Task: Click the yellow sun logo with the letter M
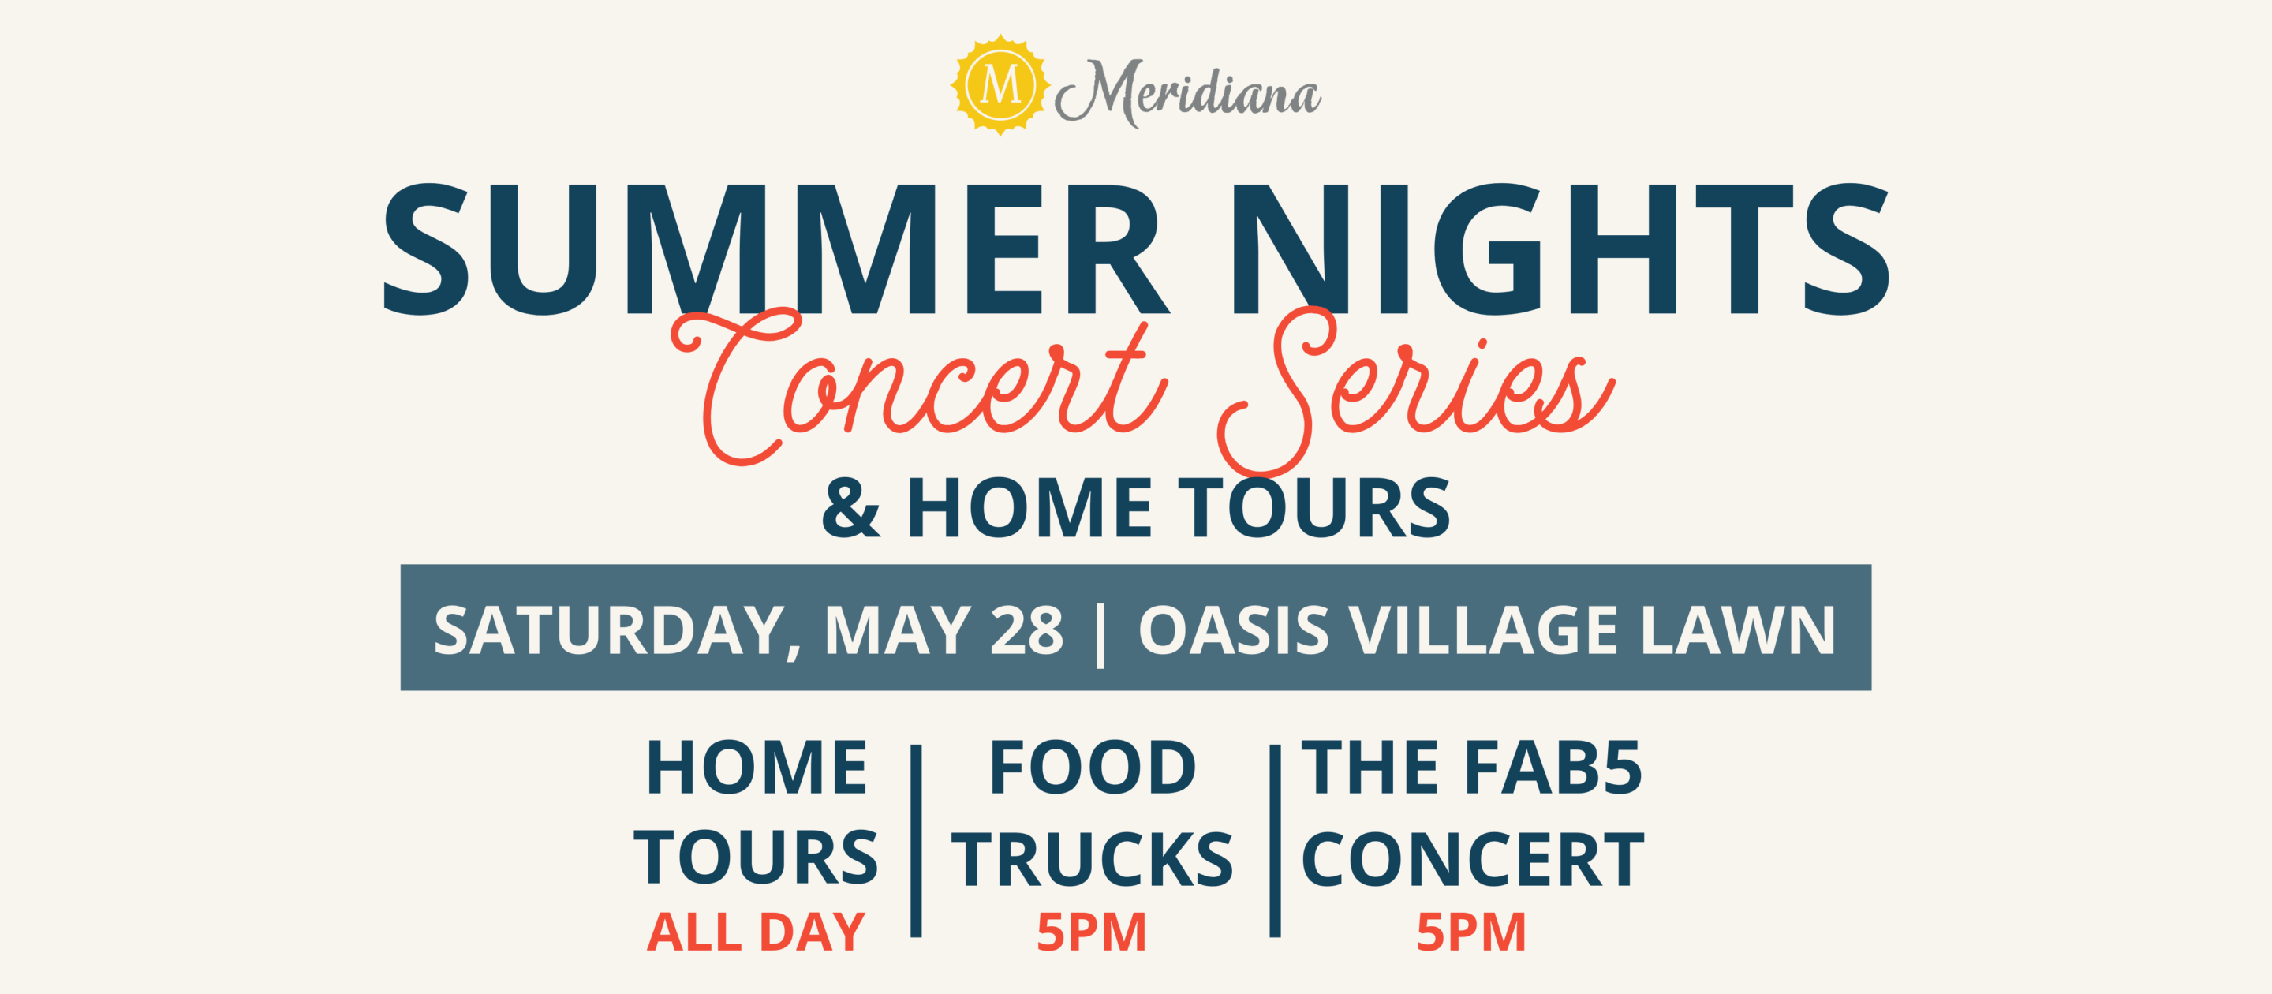click(1000, 84)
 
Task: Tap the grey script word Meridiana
click(1188, 92)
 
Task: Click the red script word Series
click(1415, 388)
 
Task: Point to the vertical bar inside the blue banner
click(1100, 633)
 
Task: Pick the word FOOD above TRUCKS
click(1093, 768)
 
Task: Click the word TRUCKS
click(1092, 859)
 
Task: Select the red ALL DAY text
click(756, 932)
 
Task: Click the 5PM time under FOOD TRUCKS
click(1092, 932)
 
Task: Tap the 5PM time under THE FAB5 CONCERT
click(1471, 932)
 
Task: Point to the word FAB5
click(1553, 768)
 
